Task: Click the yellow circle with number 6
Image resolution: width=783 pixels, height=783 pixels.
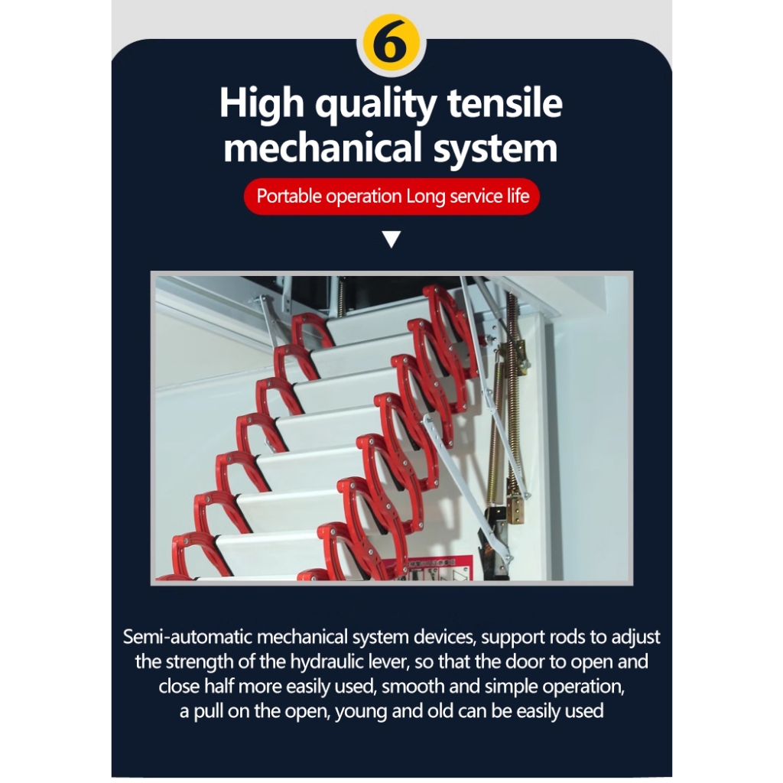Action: tap(391, 44)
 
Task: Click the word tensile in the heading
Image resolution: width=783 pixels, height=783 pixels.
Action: tap(505, 103)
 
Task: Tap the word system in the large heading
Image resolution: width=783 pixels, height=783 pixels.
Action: tap(495, 149)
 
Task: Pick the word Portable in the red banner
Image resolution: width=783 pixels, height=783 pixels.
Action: tap(289, 196)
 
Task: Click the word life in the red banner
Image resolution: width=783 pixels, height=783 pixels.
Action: tap(518, 195)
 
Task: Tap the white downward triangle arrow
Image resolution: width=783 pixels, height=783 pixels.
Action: tap(391, 239)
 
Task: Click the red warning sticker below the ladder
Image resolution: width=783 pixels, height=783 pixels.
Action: tap(435, 569)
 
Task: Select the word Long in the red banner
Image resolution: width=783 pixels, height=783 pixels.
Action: tap(425, 197)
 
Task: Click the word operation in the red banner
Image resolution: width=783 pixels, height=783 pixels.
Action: tap(363, 197)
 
